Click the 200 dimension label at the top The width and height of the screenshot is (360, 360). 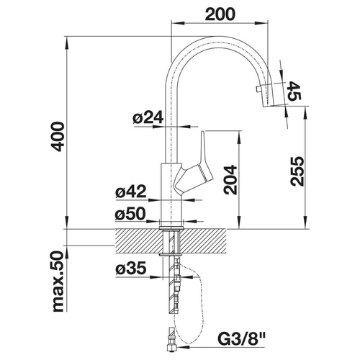220,14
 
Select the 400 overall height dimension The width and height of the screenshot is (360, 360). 58,137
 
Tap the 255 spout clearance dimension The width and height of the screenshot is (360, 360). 297,171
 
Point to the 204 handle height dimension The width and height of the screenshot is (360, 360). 230,179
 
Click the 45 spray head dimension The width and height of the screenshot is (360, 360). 294,91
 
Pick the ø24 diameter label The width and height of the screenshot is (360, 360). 148,117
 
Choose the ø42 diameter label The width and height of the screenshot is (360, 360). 131,192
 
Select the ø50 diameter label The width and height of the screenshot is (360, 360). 130,214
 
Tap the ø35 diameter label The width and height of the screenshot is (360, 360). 131,268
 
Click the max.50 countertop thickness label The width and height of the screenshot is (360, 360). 58,282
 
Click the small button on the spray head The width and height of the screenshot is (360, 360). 258,89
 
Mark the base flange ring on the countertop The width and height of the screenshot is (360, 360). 171,227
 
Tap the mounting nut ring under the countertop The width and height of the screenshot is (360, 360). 171,254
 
